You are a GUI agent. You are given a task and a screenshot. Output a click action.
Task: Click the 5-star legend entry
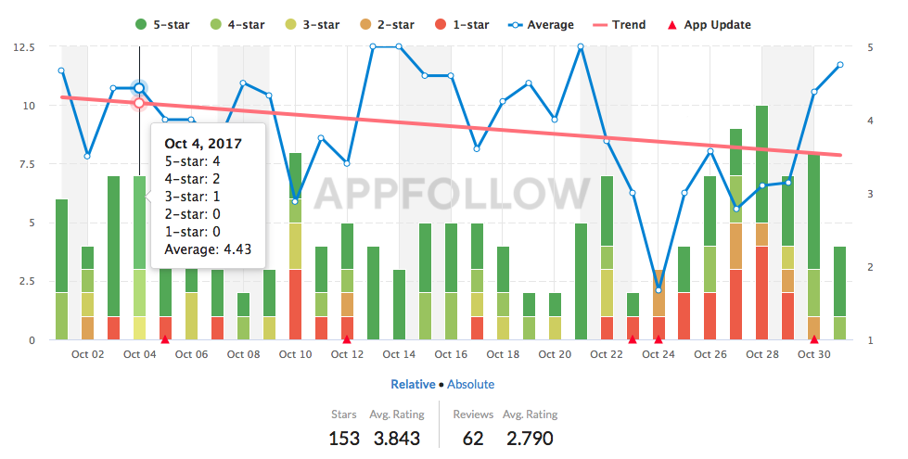pos(162,25)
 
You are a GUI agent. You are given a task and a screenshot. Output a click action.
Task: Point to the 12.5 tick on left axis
pos(25,46)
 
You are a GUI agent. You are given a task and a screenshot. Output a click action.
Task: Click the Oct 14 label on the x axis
pos(399,354)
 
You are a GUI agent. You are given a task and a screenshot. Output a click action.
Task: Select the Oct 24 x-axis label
pos(659,354)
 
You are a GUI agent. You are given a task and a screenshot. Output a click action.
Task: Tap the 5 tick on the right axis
pos(870,46)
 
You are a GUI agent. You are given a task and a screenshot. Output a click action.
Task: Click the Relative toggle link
pos(413,384)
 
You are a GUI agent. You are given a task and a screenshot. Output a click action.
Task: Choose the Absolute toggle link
pos(470,384)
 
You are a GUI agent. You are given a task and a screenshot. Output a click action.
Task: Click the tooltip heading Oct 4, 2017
pos(204,144)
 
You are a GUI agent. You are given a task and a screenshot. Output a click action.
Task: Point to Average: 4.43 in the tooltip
pos(209,249)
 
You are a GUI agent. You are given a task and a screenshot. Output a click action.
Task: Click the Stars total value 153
pos(344,438)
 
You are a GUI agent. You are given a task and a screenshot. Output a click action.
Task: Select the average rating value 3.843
pos(397,438)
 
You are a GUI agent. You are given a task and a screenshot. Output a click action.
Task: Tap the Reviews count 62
pos(472,438)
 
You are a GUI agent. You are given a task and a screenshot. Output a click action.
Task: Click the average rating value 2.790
pos(530,438)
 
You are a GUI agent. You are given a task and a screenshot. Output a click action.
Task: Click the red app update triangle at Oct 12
pos(347,338)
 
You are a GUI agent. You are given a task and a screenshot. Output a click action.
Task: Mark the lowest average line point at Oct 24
pos(659,290)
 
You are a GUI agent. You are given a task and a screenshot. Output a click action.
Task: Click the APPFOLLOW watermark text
pos(452,193)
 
